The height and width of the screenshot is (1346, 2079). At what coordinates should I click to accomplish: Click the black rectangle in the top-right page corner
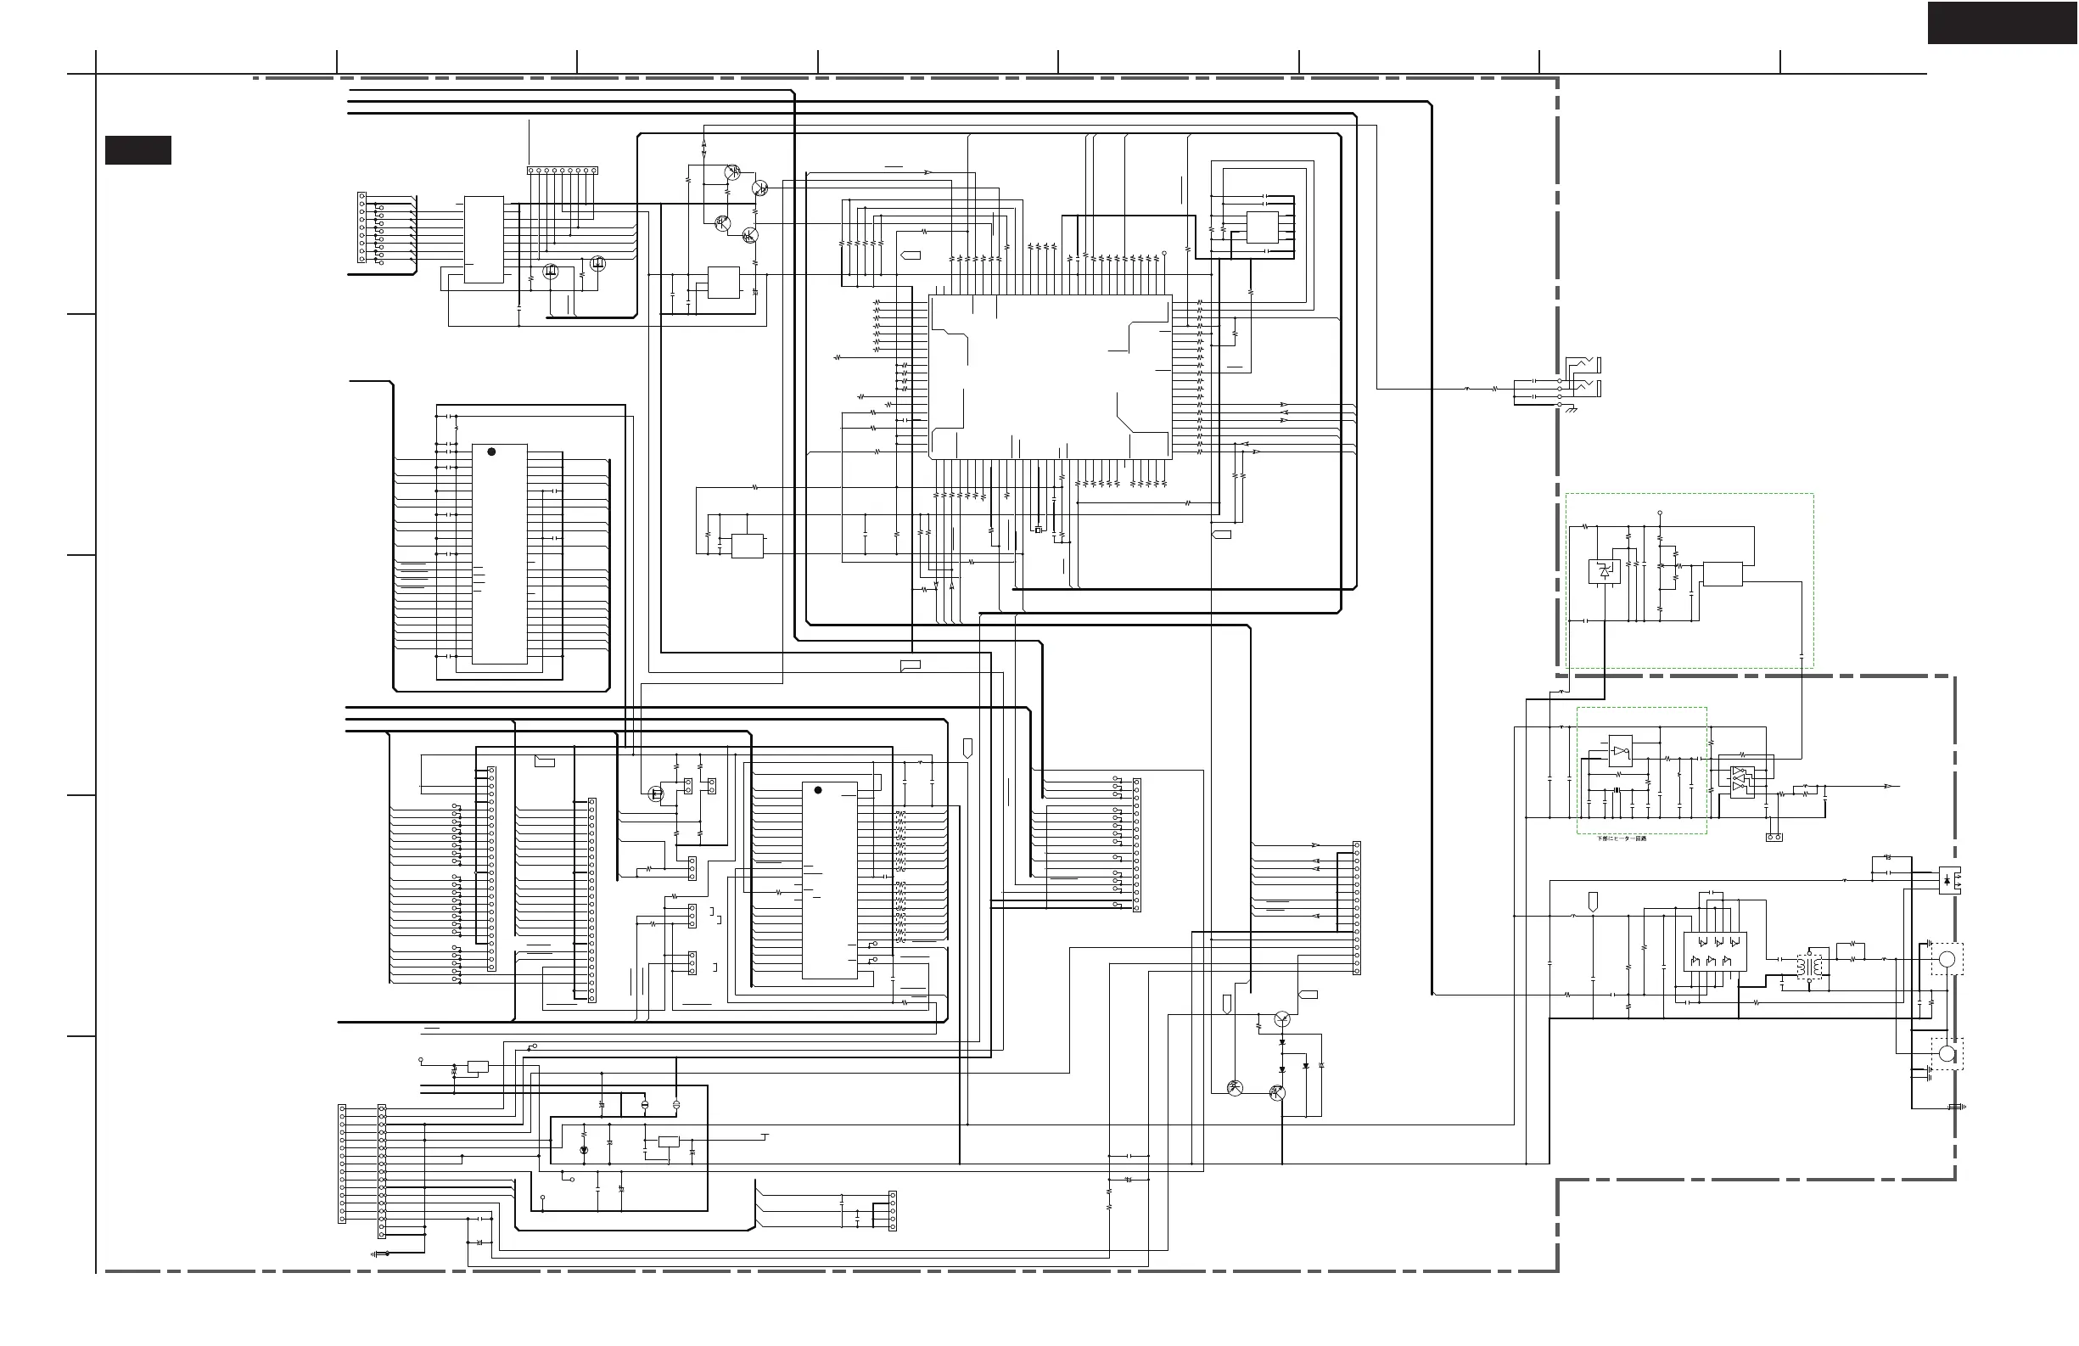[2002, 23]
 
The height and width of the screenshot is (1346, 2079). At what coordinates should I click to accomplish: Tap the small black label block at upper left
[138, 149]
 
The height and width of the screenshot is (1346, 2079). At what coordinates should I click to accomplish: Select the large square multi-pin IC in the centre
[1049, 377]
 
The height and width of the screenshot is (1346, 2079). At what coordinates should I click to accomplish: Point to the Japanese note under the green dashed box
[1622, 838]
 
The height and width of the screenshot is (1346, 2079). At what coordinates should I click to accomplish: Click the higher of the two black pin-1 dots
[492, 451]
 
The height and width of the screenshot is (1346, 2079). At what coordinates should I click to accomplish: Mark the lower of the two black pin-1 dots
[818, 790]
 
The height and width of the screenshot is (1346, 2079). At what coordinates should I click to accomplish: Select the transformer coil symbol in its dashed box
[1809, 965]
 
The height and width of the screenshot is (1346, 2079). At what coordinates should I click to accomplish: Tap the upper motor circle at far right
[1947, 959]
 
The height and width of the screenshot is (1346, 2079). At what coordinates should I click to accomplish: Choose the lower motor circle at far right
[1947, 1053]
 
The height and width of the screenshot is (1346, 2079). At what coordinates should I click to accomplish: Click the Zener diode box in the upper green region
[1604, 571]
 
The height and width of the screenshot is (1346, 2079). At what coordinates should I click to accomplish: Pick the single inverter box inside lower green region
[1621, 751]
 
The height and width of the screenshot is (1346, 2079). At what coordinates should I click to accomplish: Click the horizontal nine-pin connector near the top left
[562, 171]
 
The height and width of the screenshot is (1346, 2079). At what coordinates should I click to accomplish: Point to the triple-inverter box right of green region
[1742, 781]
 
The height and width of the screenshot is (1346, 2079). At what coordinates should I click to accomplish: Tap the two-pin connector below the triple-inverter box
[1774, 837]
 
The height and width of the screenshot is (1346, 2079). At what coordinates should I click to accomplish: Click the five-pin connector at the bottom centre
[892, 1210]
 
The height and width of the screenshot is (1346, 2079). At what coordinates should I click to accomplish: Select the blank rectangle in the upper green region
[1723, 574]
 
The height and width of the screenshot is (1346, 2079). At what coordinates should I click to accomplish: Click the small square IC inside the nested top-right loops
[1261, 227]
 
